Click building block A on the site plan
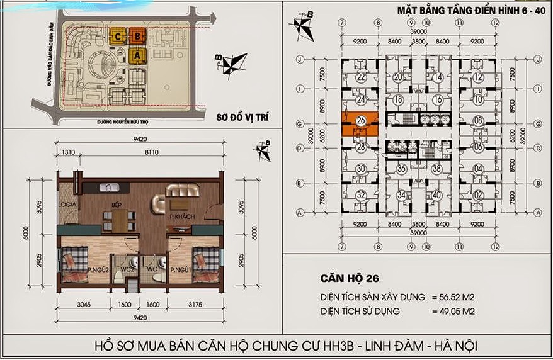(x=136, y=55)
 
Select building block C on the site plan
(x=118, y=36)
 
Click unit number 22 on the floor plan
(x=361, y=77)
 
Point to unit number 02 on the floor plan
(x=479, y=194)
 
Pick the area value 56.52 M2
(x=456, y=296)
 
